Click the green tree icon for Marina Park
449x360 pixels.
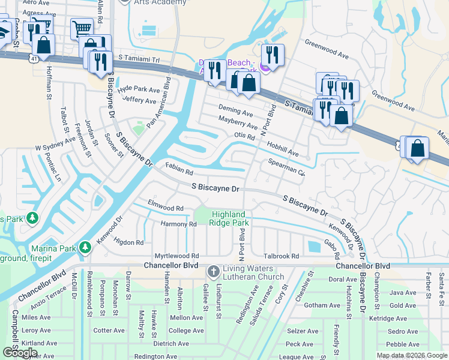pos(85,248)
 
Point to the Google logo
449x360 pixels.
pos(20,353)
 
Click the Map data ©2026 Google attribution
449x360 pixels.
pos(412,355)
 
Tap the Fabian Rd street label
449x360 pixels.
pos(178,170)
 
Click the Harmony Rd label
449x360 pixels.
pos(179,224)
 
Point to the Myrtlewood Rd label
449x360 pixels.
pos(176,256)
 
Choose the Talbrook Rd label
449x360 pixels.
pos(282,256)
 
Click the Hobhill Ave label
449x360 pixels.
pos(283,149)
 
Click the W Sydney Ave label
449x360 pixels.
pos(55,146)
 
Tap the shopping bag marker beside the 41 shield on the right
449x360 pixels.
pos(418,148)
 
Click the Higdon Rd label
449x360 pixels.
pos(128,242)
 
